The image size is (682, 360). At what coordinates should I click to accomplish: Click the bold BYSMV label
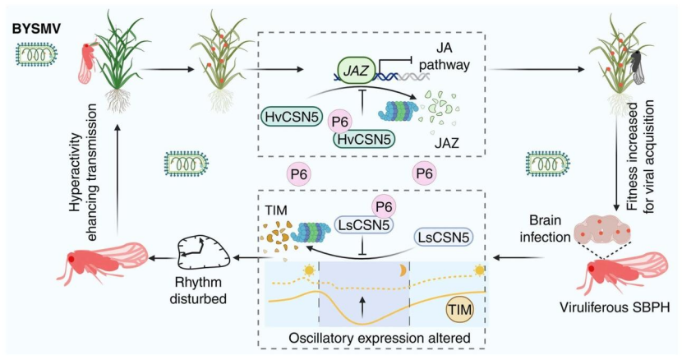pyautogui.click(x=36, y=29)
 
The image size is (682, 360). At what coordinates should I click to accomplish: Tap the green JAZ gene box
pyautogui.click(x=357, y=71)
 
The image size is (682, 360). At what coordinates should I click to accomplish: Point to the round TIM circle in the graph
pyautogui.click(x=460, y=310)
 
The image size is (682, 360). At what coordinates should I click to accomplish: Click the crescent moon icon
pyautogui.click(x=403, y=270)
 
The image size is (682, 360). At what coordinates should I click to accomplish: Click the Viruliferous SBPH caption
pyautogui.click(x=615, y=307)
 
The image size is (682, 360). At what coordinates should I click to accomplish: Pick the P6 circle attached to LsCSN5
pyautogui.click(x=384, y=207)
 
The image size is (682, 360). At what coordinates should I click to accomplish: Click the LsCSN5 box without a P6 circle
pyautogui.click(x=443, y=238)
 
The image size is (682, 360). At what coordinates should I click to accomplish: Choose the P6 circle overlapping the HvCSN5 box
pyautogui.click(x=339, y=122)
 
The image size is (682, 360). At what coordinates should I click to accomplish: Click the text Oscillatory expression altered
pyautogui.click(x=380, y=339)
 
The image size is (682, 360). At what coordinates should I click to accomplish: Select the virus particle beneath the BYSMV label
pyautogui.click(x=37, y=54)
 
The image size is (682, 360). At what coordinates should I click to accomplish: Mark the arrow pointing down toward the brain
pyautogui.click(x=616, y=165)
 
